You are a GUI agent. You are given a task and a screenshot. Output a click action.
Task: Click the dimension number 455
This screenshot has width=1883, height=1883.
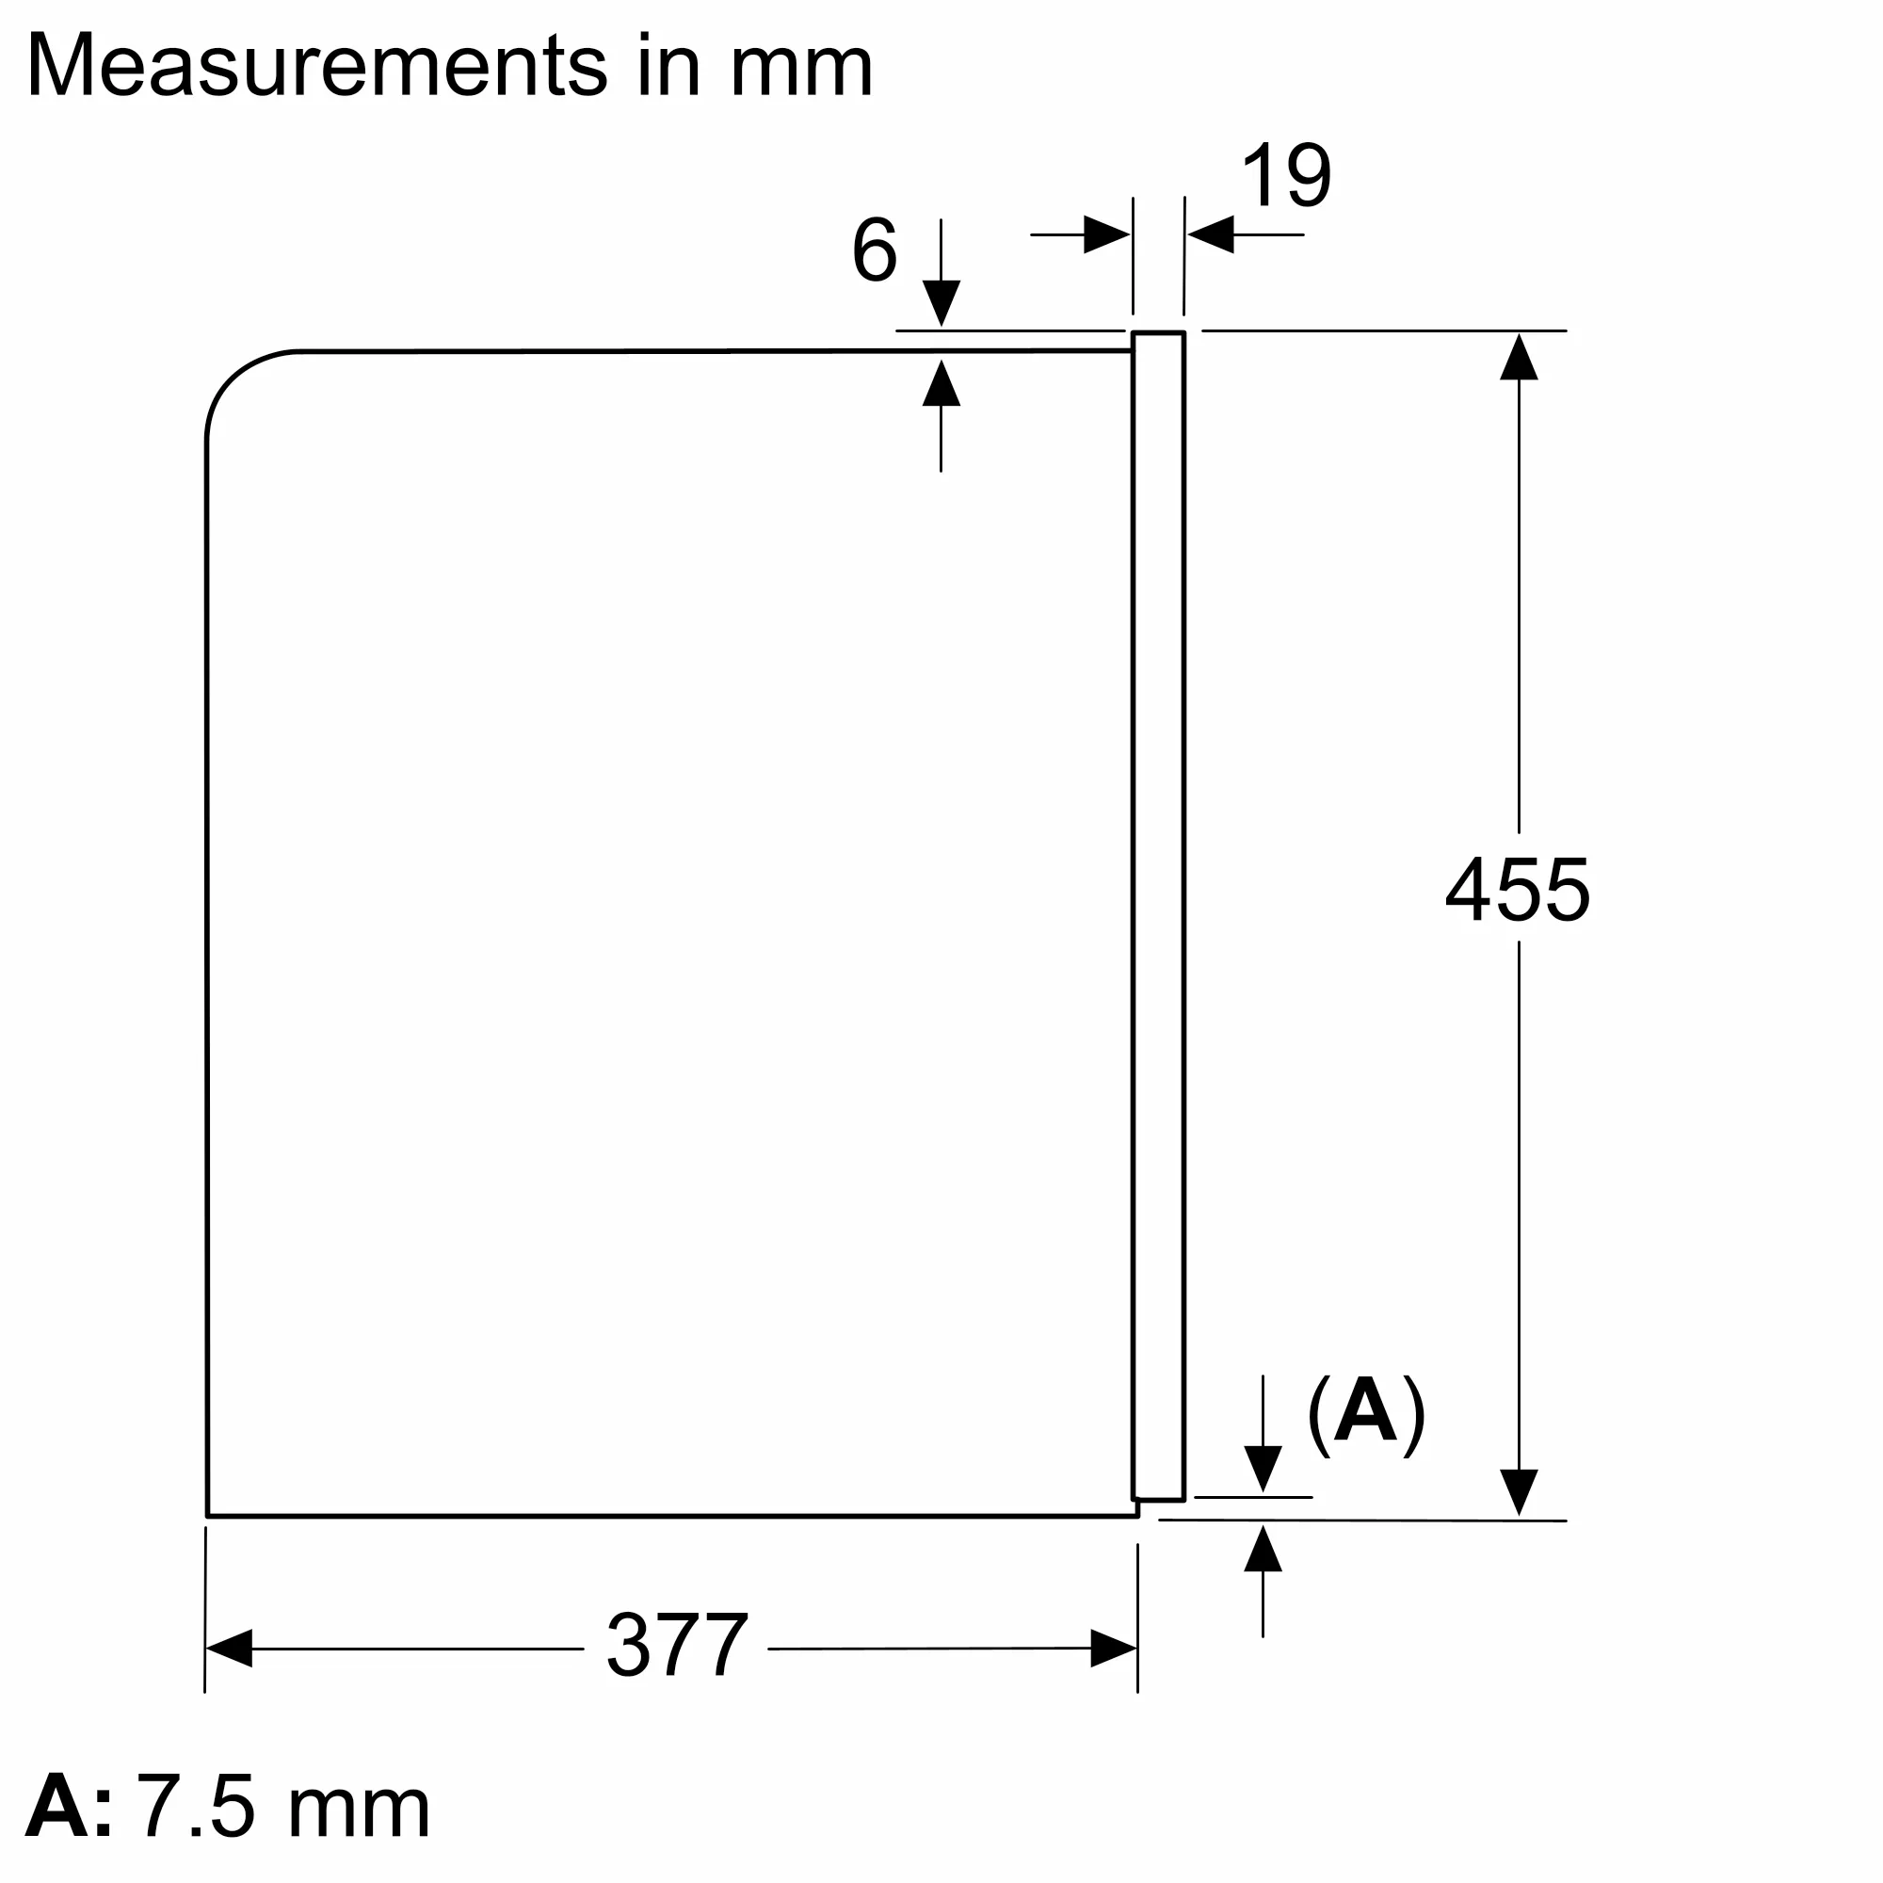coord(1517,890)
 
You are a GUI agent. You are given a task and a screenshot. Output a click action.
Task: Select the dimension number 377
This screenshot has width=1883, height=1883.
coord(676,1646)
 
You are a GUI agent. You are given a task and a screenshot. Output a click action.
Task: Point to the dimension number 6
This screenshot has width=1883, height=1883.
coord(874,250)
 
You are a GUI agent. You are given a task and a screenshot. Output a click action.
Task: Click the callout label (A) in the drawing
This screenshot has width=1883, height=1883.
coord(1364,1415)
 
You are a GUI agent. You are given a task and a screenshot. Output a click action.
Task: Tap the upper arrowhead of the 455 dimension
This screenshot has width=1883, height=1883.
coord(1518,357)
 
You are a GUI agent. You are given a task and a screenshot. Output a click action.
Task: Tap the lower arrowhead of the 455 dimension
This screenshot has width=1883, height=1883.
coord(1518,1492)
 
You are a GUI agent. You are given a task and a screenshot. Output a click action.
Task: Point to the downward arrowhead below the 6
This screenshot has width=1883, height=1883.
coord(941,302)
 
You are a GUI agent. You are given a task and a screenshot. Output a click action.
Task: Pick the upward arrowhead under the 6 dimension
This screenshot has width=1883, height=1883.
coord(941,383)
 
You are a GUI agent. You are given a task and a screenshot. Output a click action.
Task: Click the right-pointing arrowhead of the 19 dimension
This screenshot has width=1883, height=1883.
coord(1106,234)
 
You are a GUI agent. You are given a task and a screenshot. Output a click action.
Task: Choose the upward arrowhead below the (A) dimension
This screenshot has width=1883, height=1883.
coord(1263,1550)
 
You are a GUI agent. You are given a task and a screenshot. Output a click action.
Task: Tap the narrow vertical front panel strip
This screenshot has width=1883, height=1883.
coord(1158,916)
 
